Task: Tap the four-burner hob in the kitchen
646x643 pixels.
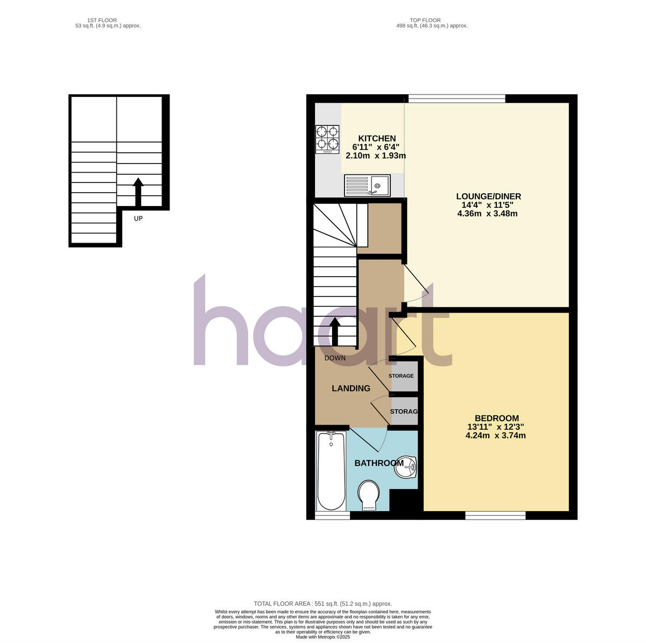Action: [327, 139]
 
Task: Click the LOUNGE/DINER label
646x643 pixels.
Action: [488, 196]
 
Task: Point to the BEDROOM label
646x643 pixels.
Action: [496, 418]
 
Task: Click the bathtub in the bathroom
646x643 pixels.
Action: [331, 471]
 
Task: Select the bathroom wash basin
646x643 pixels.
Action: [405, 467]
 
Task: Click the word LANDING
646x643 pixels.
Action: [350, 388]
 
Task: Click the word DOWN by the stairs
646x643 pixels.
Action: [335, 358]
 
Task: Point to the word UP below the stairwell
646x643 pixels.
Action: [138, 218]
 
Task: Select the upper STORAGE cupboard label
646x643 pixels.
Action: [402, 376]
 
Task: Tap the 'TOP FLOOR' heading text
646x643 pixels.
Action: [423, 20]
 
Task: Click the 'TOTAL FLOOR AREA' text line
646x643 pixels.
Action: [323, 604]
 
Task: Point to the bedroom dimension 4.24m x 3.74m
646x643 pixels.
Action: [495, 436]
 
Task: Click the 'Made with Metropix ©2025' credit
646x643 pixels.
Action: [323, 637]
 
